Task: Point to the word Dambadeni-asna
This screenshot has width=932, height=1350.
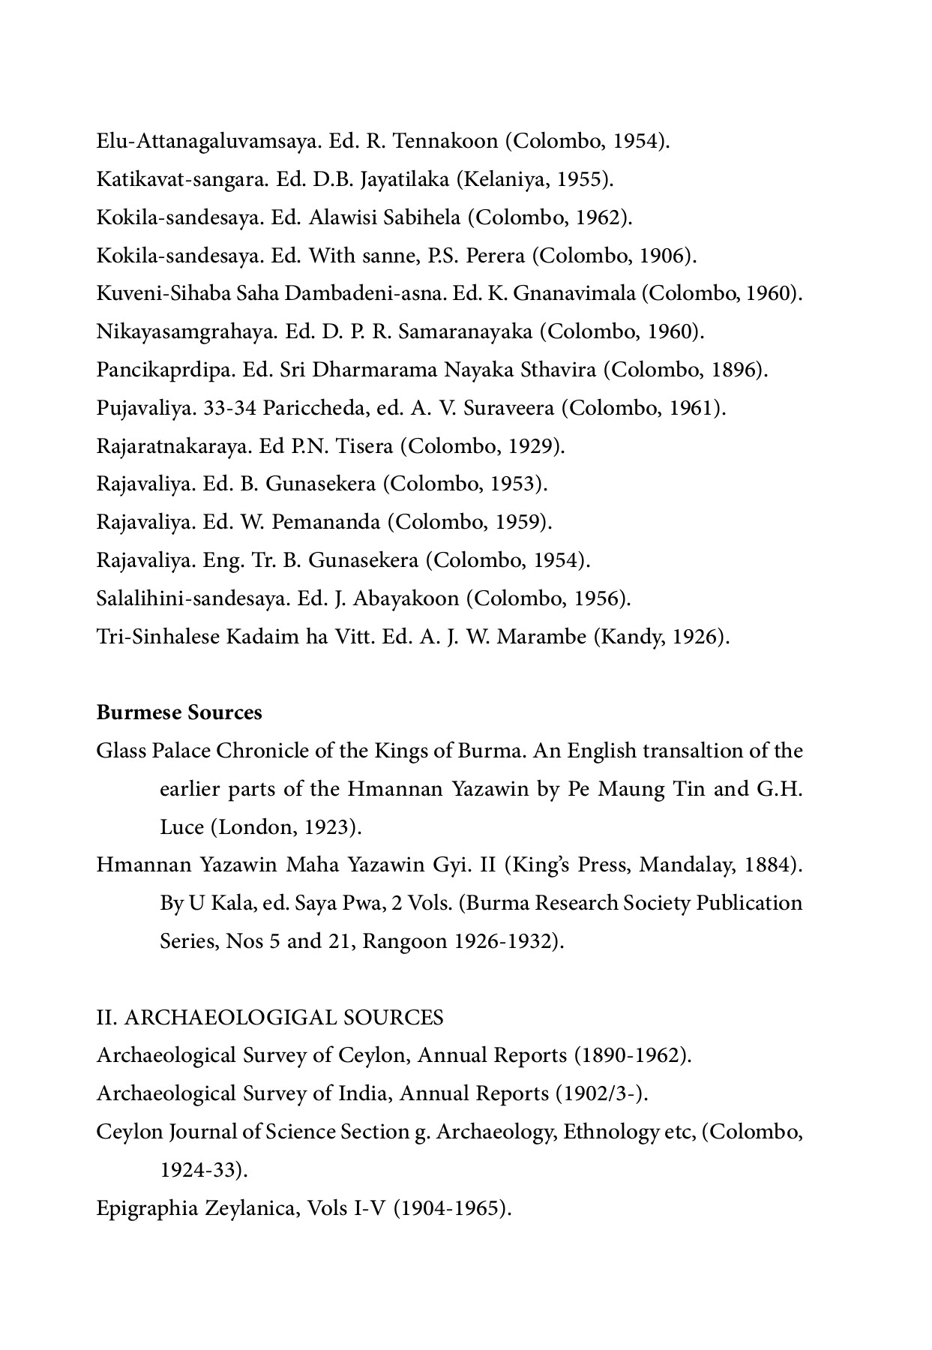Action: tap(366, 294)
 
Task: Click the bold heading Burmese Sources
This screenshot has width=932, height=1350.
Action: tap(179, 712)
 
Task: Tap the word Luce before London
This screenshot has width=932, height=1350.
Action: tap(181, 827)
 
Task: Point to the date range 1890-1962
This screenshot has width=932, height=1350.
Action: tap(630, 1055)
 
